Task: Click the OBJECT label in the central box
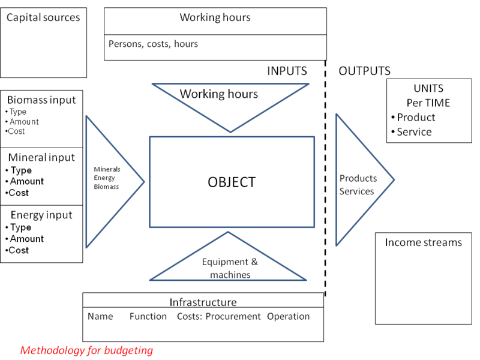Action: (232, 182)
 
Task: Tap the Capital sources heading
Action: (43, 17)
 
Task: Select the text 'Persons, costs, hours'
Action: (153, 44)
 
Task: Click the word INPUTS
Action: (287, 71)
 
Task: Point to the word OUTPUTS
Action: (365, 71)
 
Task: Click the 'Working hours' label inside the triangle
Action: (219, 94)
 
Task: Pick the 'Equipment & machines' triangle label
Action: (226, 268)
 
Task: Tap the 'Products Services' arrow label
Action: (358, 185)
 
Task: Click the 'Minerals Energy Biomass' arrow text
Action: (107, 178)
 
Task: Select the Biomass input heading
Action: (42, 100)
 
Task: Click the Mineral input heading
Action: (41, 158)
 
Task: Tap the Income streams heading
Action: (424, 242)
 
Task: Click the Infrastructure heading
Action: (203, 302)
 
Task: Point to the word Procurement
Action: (233, 316)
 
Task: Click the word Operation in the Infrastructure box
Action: (289, 316)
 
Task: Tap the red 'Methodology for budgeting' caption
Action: (87, 350)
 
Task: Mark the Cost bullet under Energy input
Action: (19, 250)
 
